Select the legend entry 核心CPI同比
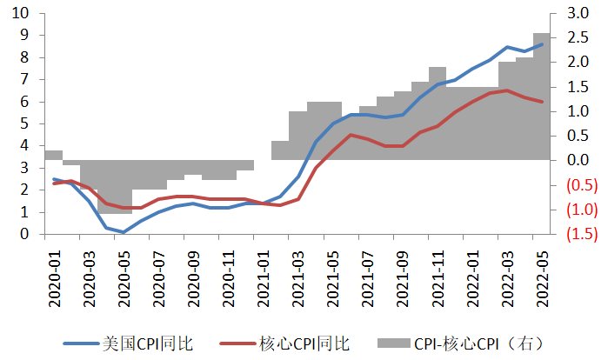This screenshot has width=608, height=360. (x=304, y=343)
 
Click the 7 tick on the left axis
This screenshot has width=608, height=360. (x=23, y=79)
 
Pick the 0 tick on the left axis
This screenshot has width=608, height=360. (x=23, y=234)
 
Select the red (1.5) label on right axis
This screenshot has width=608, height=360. (x=578, y=234)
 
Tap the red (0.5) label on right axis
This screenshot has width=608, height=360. (x=578, y=185)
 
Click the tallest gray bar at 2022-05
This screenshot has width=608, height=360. (x=541, y=96)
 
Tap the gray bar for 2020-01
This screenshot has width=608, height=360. (x=53, y=155)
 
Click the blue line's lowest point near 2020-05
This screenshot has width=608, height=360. (x=123, y=232)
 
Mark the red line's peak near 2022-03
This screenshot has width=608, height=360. (x=506, y=90)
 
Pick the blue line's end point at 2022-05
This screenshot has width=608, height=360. (x=542, y=44)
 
